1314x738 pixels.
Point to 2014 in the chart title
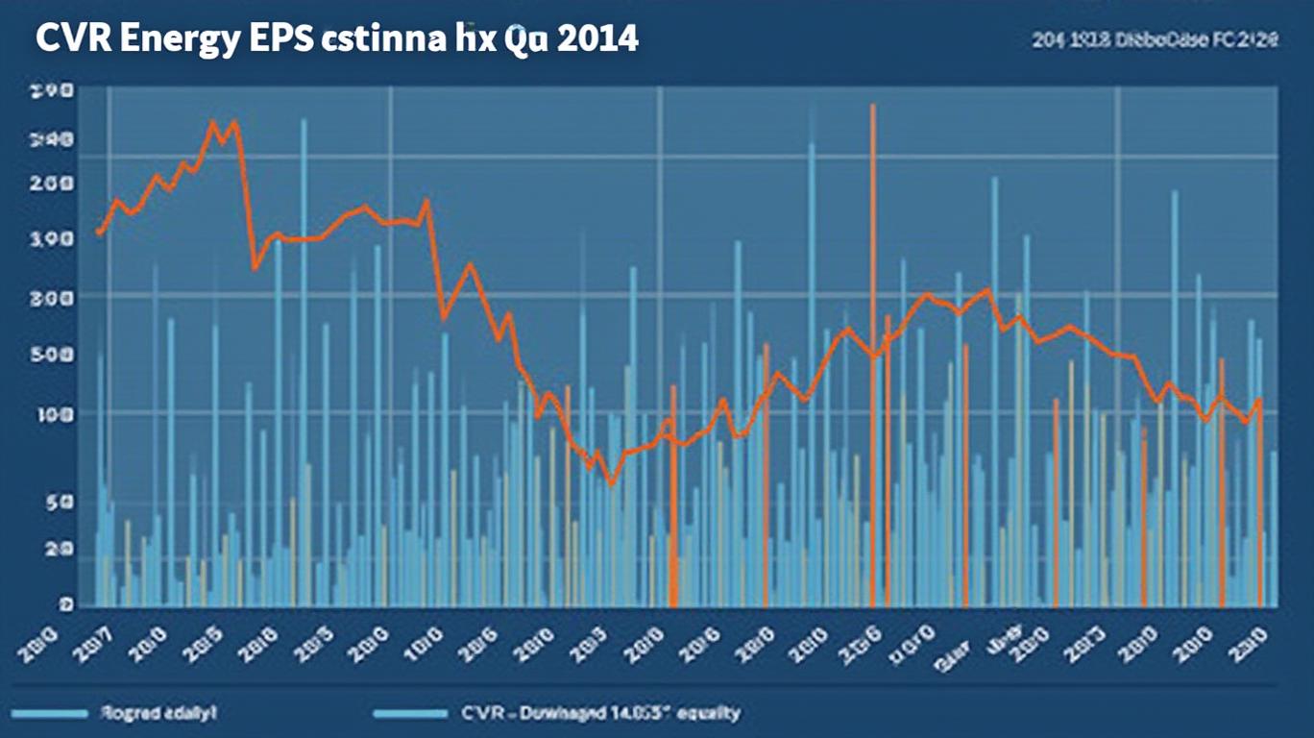[595, 40]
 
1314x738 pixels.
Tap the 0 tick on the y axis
[65, 604]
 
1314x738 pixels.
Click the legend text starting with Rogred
[158, 713]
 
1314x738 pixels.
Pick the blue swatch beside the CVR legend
[411, 714]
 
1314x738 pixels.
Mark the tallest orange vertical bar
[872, 356]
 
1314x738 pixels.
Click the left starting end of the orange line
[99, 233]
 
